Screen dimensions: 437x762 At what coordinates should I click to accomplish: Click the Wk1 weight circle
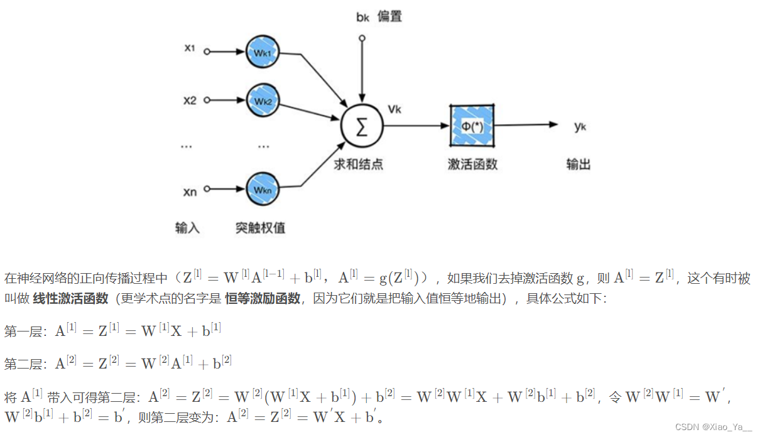(263, 53)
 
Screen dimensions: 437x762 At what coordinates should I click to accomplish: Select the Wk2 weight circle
(263, 100)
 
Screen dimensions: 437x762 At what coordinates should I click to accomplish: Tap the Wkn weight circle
(263, 188)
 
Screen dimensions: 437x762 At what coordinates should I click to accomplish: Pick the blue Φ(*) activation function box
(472, 125)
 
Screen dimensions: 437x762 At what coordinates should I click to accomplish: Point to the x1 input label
(190, 48)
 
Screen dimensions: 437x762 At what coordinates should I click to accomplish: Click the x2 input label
(190, 100)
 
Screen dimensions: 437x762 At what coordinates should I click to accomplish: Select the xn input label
(190, 192)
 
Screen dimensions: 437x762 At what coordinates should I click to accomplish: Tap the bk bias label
(362, 17)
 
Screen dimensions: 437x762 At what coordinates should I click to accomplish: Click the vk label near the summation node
(395, 109)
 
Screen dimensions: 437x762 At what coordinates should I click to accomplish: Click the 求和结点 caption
(358, 165)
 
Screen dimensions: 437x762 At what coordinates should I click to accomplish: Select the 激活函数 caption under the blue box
(472, 165)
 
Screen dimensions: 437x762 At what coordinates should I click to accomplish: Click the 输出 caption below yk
(578, 165)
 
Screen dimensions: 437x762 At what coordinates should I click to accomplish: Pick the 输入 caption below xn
(187, 227)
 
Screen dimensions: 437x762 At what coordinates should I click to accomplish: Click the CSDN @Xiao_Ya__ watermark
(713, 427)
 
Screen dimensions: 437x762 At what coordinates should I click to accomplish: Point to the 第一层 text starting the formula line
(22, 331)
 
